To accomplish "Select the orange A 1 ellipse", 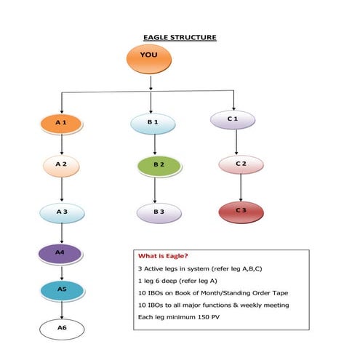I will pos(62,124).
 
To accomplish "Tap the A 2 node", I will pos(62,166).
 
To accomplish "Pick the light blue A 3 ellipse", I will pos(62,212).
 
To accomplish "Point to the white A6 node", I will pos(62,329).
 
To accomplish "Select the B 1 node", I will pos(153,123).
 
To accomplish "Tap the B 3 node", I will pos(158,212).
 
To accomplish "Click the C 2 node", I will pos(241,164).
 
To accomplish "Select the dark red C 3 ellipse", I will pos(241,212).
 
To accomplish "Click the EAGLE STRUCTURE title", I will pos(179,37).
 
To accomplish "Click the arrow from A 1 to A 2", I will pos(62,145).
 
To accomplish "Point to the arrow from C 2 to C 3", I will pos(241,187).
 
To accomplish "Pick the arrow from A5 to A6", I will pos(62,309).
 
